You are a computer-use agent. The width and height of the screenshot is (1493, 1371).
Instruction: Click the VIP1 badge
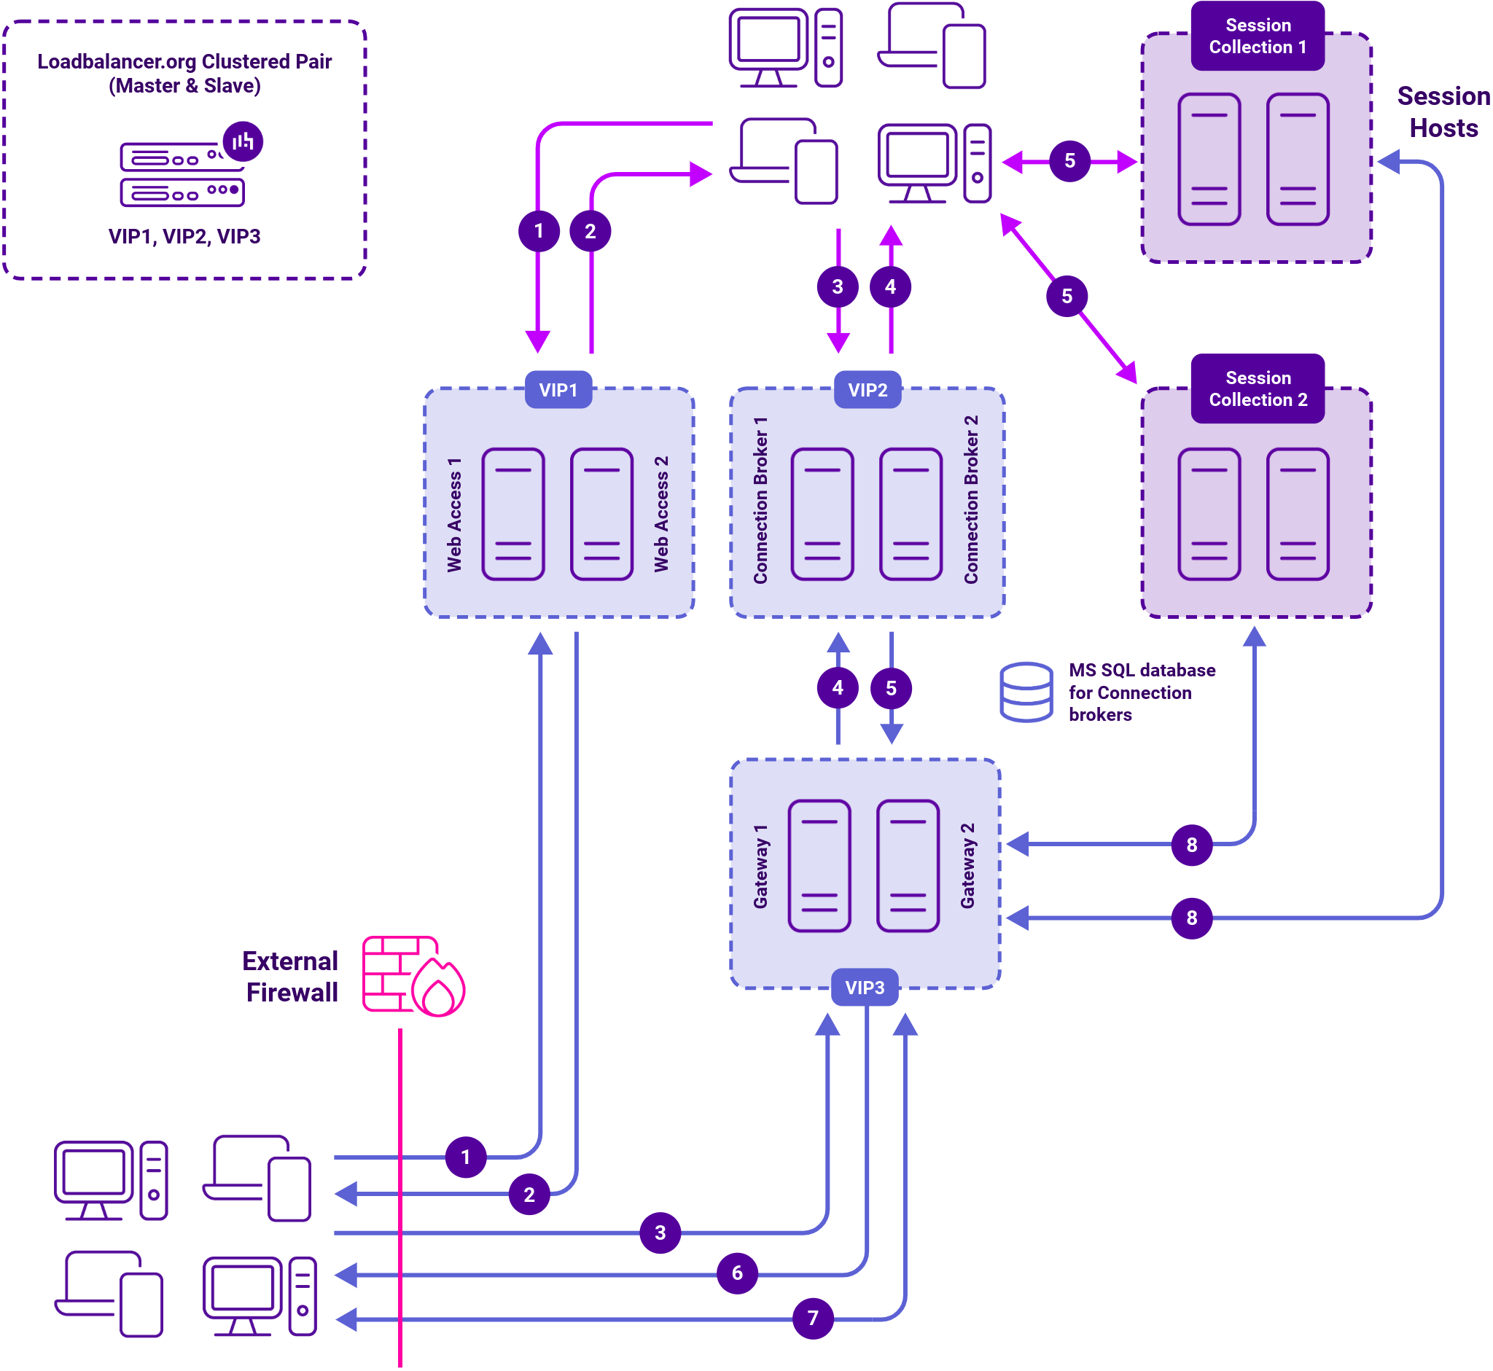558,390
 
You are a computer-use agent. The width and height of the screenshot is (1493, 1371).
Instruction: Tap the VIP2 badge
868,390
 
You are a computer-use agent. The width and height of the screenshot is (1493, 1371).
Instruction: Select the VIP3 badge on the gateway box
865,988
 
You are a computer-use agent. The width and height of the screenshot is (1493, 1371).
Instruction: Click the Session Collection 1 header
1258,36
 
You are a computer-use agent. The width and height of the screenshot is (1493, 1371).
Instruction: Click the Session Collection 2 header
1258,388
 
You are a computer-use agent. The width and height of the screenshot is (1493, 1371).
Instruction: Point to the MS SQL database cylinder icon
1026,692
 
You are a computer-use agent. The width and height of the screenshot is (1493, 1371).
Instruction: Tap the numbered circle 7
813,1319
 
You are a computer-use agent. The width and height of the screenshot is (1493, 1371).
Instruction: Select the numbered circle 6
737,1273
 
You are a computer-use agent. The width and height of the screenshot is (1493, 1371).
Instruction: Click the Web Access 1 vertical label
454,515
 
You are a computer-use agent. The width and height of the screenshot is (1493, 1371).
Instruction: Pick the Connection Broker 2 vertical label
970,500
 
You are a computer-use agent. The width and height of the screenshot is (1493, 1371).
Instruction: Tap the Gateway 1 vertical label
760,866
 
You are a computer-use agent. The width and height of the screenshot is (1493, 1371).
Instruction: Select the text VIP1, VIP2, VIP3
184,237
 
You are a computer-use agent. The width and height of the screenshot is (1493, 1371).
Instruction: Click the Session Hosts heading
1443,112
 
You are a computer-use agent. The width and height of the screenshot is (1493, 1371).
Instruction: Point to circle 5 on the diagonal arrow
1067,297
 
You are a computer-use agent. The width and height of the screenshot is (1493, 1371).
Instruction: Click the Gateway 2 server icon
908,866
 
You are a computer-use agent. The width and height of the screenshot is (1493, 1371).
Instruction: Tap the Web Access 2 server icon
601,514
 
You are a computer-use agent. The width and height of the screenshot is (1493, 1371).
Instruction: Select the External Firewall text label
291,977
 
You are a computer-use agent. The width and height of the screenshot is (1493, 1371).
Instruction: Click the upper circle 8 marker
1192,844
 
